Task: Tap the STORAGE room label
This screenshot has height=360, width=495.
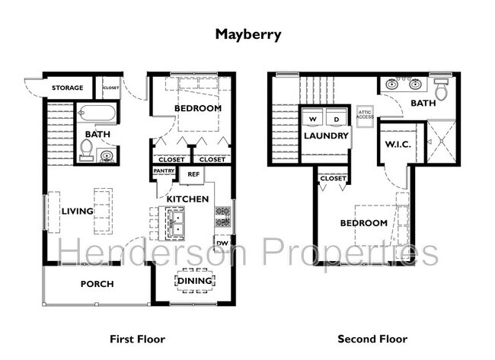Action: tap(68, 88)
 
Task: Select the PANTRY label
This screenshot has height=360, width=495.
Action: tap(164, 171)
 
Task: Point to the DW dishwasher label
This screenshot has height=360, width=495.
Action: tap(222, 244)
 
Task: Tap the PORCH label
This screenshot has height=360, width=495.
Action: tap(97, 285)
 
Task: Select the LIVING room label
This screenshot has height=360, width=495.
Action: tap(77, 211)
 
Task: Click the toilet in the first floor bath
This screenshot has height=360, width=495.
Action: tap(88, 148)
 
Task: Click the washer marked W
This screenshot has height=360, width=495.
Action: tap(312, 119)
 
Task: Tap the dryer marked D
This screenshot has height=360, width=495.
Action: tap(336, 119)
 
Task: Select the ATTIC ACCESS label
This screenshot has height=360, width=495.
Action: tap(366, 114)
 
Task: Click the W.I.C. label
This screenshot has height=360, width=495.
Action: tap(398, 145)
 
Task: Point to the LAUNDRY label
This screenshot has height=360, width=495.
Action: tap(326, 136)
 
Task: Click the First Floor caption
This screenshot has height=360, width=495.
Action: tap(137, 339)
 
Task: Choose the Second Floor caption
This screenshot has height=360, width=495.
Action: tap(372, 339)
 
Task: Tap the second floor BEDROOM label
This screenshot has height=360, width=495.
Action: tap(363, 223)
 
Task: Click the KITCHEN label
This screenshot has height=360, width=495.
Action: tap(187, 199)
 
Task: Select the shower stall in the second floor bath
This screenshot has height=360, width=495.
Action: tap(440, 142)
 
